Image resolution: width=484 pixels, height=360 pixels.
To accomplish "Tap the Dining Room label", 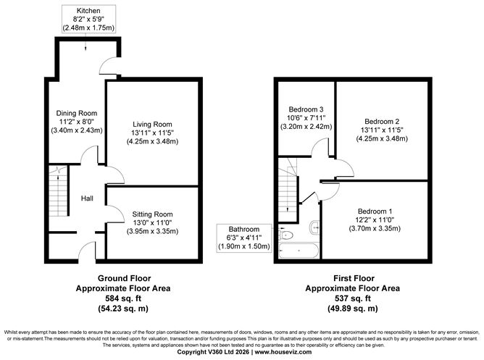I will point(77,122).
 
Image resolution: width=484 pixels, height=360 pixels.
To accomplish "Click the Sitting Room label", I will point(153,222).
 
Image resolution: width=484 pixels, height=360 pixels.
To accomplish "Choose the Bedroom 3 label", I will point(305,117).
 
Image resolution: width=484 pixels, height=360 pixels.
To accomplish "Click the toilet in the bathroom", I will point(285,235).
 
